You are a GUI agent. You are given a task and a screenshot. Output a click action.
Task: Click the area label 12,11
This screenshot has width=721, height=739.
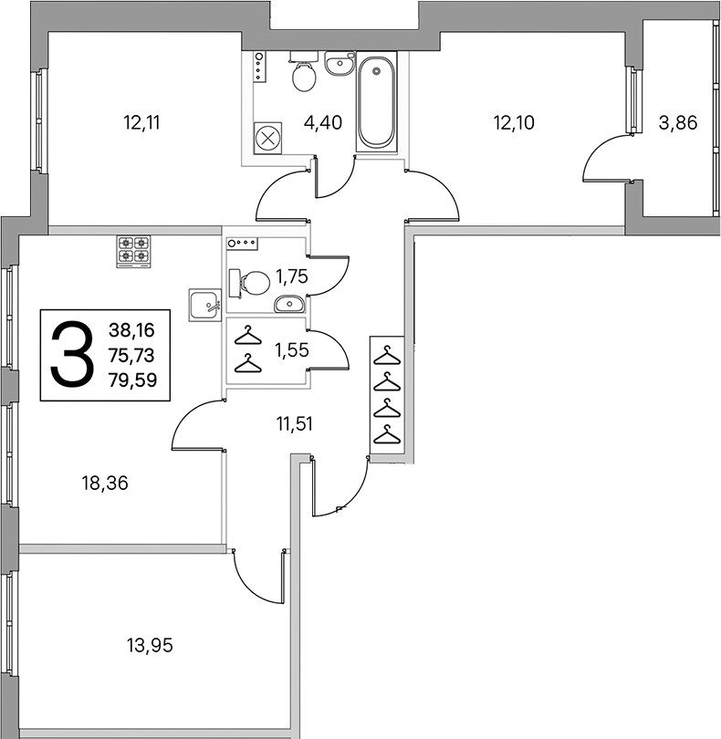(x=141, y=122)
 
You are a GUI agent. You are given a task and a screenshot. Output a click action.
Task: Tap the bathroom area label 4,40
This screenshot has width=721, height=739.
(x=323, y=122)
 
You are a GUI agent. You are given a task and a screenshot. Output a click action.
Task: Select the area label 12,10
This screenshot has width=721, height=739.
(x=514, y=122)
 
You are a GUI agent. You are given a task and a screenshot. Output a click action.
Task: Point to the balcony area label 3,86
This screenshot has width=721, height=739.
(x=678, y=122)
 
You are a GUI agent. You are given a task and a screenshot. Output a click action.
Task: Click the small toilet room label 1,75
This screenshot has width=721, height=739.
(x=292, y=276)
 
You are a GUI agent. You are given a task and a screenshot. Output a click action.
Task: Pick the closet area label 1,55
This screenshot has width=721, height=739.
(x=292, y=350)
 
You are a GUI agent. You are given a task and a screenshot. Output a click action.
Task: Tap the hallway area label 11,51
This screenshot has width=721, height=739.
(x=294, y=423)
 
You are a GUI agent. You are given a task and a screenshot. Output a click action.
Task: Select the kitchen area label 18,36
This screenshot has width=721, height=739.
(x=105, y=483)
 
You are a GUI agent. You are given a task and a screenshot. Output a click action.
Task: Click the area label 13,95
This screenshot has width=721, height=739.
(x=150, y=645)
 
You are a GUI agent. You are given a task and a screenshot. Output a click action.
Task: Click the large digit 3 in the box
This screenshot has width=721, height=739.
(x=72, y=354)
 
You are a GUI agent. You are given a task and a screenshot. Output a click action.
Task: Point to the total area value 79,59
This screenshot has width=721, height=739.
(x=132, y=380)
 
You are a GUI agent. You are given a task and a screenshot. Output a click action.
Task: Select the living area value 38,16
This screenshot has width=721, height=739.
(x=131, y=330)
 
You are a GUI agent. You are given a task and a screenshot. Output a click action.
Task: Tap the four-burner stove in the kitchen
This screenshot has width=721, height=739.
(x=133, y=251)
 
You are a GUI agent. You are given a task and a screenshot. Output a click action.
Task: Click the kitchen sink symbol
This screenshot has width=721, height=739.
(x=205, y=305)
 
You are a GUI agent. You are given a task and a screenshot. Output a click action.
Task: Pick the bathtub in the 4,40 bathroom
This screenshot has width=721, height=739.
(x=376, y=102)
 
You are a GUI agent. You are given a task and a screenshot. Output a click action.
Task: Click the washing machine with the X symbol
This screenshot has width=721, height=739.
(x=267, y=139)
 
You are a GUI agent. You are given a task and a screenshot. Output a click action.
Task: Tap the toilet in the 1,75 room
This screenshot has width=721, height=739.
(x=249, y=283)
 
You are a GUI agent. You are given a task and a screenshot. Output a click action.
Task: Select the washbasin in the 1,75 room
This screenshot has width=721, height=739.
(x=289, y=304)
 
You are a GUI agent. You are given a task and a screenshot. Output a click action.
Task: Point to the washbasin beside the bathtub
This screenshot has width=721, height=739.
(x=339, y=63)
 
